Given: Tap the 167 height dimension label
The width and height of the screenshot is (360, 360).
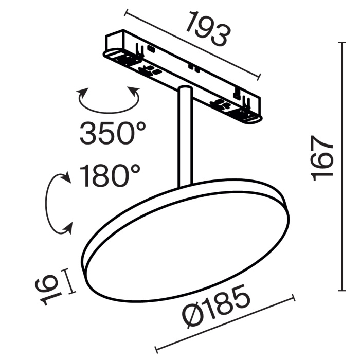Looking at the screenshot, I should coord(323,158).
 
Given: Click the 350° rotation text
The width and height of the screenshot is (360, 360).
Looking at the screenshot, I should coord(113,133).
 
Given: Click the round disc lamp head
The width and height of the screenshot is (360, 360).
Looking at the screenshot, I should coord(185,242).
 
